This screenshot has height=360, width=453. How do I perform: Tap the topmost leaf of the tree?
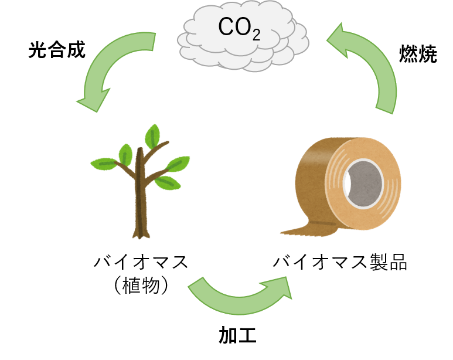coord(153,135)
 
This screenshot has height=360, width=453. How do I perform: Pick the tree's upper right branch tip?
coord(168,142)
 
